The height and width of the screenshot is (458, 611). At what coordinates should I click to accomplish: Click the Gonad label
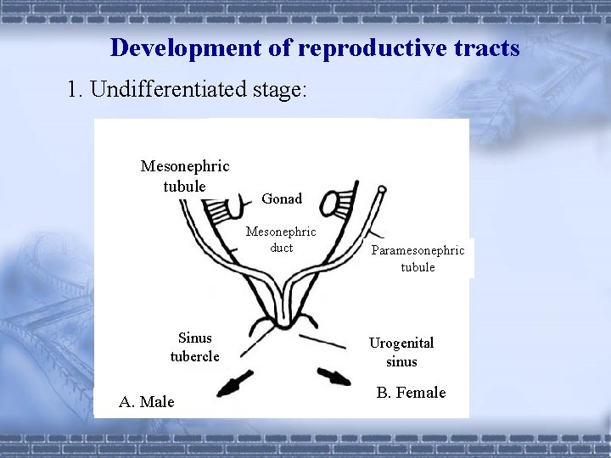pyautogui.click(x=282, y=198)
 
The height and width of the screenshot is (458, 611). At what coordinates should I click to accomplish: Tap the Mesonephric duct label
pyautogui.click(x=281, y=239)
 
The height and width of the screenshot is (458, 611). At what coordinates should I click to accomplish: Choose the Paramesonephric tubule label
pyautogui.click(x=418, y=259)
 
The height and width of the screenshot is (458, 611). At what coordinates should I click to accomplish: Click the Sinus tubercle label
pyautogui.click(x=194, y=347)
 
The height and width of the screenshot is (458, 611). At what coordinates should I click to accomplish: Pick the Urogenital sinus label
pyautogui.click(x=401, y=352)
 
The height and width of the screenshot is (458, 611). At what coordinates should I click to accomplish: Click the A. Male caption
pyautogui.click(x=147, y=401)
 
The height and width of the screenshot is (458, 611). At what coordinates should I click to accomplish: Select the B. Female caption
pyautogui.click(x=411, y=393)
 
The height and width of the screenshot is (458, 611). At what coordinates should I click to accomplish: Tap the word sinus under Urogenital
pyautogui.click(x=401, y=361)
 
